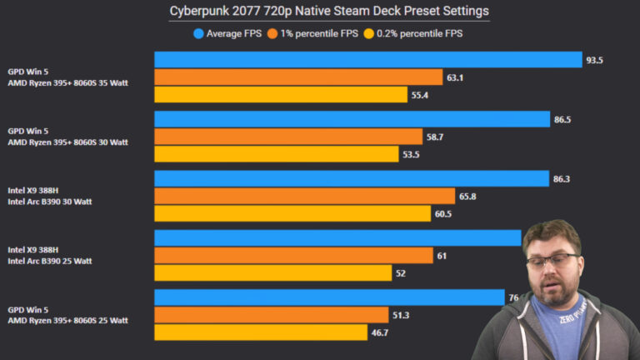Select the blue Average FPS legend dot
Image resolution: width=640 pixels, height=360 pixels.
click(x=198, y=34)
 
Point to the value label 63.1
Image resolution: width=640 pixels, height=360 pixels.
click(x=455, y=77)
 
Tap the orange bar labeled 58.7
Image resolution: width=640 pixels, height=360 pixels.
click(x=288, y=137)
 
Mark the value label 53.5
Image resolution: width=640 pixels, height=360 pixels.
click(x=412, y=155)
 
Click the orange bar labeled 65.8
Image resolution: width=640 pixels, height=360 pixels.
click(x=304, y=197)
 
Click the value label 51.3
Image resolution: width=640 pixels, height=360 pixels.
click(x=402, y=315)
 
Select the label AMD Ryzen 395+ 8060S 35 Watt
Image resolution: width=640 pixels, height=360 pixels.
click(x=67, y=82)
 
